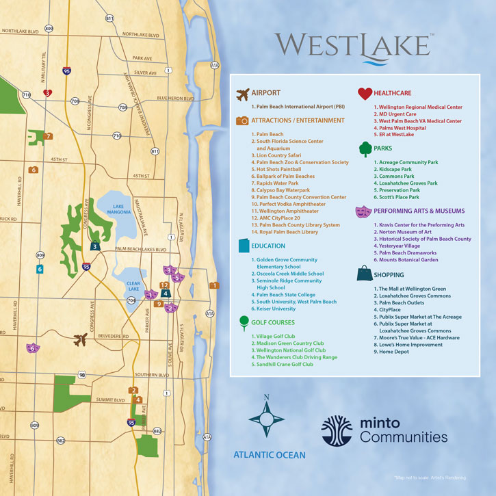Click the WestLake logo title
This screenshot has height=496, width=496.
(x=354, y=45)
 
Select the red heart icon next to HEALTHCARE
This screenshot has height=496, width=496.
(x=365, y=94)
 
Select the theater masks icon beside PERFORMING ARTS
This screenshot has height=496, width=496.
(x=363, y=211)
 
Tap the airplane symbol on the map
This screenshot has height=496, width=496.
(x=80, y=338)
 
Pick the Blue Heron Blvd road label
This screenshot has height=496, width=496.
(x=176, y=99)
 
